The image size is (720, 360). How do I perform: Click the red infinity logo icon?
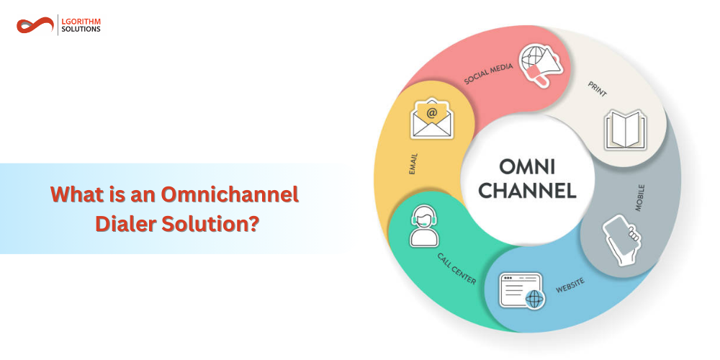coord(35,26)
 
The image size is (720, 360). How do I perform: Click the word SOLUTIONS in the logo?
coord(81,30)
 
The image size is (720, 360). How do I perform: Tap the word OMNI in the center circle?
coord(528,167)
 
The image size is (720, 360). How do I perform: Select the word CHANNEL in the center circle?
coord(528,191)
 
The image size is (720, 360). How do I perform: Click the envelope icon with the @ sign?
coord(431,119)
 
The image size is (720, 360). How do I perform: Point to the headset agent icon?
coord(423,225)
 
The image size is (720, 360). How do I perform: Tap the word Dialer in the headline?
coord(126,223)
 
